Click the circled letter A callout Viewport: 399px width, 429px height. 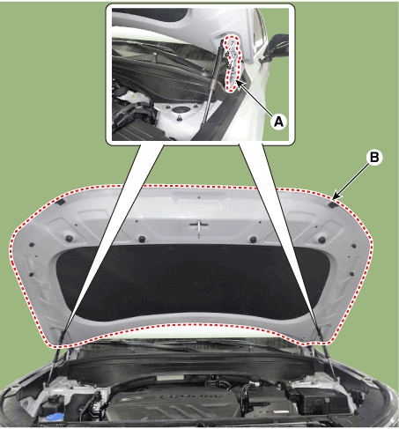pos(279,122)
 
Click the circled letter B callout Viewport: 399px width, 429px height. pos(373,159)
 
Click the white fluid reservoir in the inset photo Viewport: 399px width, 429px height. pos(129,96)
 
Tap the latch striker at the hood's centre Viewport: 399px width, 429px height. pos(199,226)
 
